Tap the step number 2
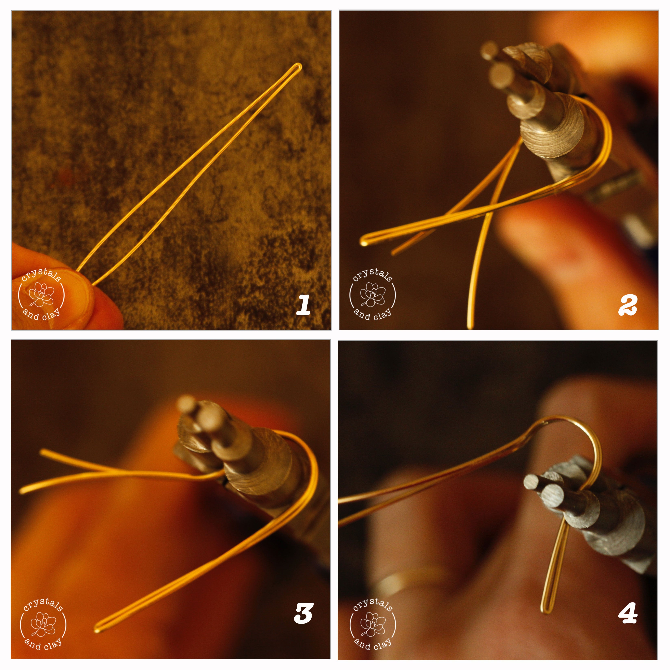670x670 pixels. point(628,305)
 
